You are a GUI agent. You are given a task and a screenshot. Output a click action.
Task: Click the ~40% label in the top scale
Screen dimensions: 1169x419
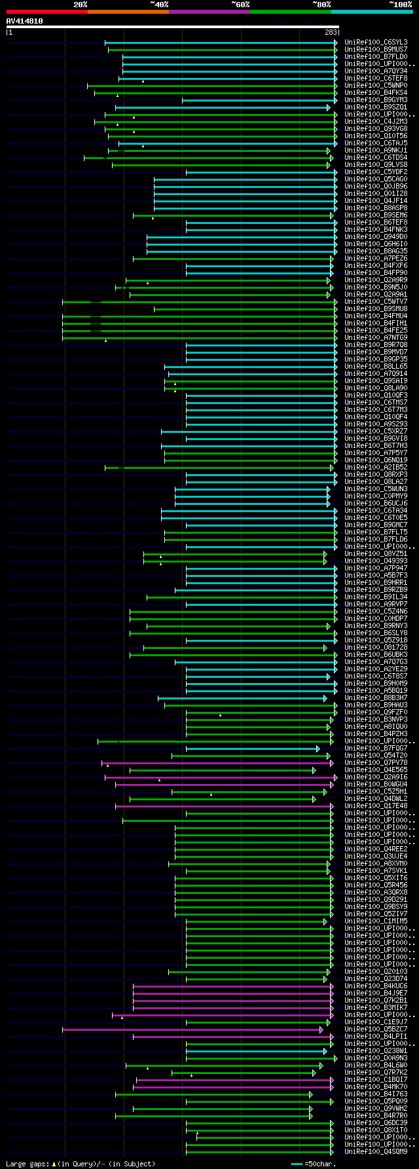click(x=159, y=5)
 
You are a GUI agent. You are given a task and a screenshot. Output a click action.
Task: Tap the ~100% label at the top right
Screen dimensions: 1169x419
click(x=400, y=5)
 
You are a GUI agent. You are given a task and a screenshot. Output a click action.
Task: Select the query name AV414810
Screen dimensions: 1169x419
click(x=24, y=21)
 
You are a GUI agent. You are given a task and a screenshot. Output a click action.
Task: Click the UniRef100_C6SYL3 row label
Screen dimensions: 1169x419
click(x=376, y=43)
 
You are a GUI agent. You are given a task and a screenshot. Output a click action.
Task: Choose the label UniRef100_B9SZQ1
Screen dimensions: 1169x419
click(x=376, y=107)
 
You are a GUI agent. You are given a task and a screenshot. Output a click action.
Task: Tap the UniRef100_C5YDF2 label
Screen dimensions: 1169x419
click(x=376, y=172)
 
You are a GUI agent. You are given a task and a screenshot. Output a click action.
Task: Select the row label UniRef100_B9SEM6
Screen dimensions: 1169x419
click(x=376, y=215)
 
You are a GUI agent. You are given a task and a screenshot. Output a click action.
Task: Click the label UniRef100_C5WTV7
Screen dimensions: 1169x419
click(x=376, y=302)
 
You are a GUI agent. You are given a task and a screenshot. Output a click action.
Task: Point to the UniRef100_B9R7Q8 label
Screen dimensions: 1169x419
click(x=376, y=345)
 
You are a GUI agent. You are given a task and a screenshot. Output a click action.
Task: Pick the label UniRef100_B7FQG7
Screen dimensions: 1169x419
click(x=376, y=749)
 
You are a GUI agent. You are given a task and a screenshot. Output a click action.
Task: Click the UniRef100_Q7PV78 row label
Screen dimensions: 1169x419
click(x=376, y=763)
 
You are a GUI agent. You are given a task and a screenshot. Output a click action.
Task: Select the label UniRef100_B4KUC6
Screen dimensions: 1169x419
click(x=376, y=986)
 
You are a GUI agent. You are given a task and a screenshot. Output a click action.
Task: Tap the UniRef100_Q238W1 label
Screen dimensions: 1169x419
click(x=376, y=1051)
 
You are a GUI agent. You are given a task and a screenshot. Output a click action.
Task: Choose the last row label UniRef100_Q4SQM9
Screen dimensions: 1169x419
click(x=376, y=1152)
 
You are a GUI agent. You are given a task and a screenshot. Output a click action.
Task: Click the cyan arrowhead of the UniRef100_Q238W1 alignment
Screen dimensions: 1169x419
click(x=325, y=1051)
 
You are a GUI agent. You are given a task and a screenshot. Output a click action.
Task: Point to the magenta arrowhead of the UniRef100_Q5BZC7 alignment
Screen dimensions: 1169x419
click(x=321, y=1030)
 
